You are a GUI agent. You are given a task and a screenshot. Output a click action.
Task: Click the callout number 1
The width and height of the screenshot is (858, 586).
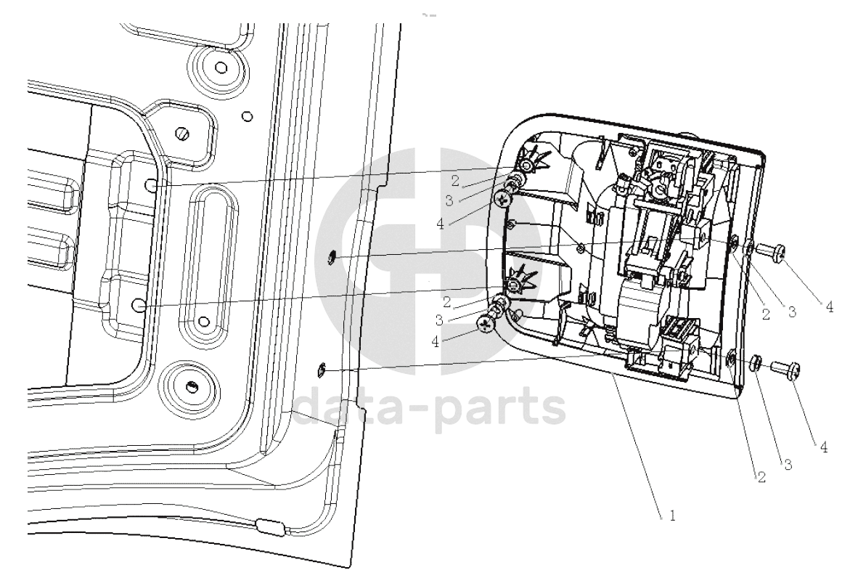672,516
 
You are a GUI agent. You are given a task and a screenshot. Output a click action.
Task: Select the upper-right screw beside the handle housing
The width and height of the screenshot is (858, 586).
772,252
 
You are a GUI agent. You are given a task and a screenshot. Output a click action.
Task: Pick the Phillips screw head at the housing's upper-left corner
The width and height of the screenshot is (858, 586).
502,199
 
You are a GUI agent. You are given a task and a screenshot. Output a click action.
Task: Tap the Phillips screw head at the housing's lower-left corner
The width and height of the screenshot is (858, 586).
486,325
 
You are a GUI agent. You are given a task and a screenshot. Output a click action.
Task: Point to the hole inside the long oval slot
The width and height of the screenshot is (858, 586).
204,321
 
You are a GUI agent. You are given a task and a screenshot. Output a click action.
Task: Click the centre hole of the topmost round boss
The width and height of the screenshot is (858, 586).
221,68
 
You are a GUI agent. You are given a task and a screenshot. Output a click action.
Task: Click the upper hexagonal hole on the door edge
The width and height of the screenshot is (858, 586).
331,255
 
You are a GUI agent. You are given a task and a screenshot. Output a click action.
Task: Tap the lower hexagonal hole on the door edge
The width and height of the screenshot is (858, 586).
322,371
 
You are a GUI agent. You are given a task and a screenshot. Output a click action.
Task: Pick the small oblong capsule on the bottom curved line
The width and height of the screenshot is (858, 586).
271,527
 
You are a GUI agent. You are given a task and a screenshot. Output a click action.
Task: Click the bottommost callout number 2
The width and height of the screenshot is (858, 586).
761,478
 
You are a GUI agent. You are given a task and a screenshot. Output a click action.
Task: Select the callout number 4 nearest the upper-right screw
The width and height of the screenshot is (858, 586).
830,307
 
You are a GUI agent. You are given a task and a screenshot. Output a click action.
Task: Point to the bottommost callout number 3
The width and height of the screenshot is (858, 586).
788,465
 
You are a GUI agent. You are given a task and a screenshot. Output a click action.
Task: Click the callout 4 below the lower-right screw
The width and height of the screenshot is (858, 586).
824,447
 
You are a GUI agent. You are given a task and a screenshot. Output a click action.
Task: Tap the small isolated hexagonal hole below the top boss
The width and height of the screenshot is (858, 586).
247,116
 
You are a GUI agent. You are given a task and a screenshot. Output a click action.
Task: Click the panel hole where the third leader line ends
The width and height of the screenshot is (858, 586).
139,305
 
